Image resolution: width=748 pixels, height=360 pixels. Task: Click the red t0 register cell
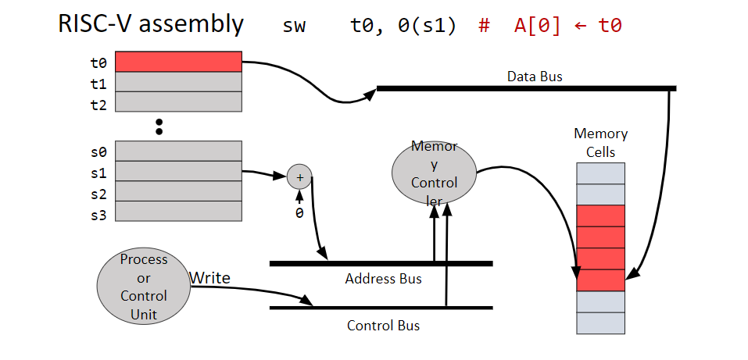coord(179,62)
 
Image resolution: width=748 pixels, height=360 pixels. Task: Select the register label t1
coord(98,82)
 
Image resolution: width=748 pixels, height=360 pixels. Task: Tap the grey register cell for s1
coord(179,171)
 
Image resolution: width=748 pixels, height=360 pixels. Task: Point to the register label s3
coord(98,215)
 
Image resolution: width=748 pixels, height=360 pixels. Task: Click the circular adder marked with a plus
coord(299,177)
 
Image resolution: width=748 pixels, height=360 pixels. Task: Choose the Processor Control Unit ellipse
coord(144,287)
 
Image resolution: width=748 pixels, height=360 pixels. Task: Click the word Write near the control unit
coord(209,276)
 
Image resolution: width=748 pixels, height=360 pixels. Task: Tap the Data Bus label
coord(535,77)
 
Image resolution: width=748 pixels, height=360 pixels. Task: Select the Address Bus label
coord(383,279)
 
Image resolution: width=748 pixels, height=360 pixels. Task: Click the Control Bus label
coord(383,325)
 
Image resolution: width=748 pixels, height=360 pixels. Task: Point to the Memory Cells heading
coord(600,143)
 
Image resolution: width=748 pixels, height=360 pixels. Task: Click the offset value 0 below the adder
coord(299,212)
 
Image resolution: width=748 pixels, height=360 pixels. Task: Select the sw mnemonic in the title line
coord(295,26)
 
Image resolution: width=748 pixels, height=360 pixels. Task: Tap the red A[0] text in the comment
coord(537,26)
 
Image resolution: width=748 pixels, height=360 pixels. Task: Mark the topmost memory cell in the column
coord(600,173)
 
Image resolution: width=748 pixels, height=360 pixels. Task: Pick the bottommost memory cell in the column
coord(600,323)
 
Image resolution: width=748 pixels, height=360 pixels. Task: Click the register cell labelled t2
coord(179,102)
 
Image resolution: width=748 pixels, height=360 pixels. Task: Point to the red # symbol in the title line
coord(484,26)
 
